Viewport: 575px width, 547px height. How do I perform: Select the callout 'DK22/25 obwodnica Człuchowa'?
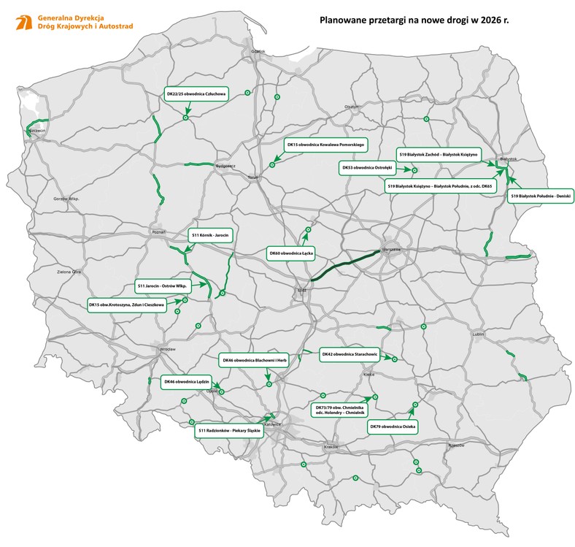196,94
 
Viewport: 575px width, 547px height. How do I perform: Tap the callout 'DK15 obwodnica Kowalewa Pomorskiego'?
325,145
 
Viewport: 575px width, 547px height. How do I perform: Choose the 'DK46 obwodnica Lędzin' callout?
188,381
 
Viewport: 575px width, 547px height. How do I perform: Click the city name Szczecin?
36,131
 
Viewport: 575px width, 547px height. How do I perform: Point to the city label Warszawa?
391,249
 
